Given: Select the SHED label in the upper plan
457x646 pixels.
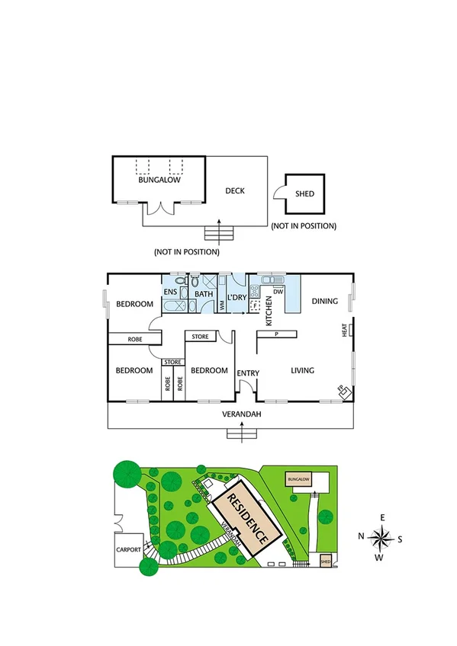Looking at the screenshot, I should pos(304,193).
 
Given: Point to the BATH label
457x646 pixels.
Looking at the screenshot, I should pos(203,294).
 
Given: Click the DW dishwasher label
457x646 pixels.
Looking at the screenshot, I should pos(278,292).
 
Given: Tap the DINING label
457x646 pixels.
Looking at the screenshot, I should pos(324,302).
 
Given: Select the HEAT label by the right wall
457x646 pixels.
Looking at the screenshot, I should pos(344,331).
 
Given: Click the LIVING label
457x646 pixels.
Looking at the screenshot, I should pos(303,371).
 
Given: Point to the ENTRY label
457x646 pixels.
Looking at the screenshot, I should pos(248,373).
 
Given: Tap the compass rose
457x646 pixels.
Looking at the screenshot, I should pos(380,539).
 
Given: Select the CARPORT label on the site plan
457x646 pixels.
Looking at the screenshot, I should pos(127,548).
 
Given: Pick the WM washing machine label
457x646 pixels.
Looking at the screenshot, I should pos(222,305).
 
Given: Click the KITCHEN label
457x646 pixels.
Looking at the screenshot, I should pos(269,312).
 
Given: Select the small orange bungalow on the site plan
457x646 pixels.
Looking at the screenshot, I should pos(298,479).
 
